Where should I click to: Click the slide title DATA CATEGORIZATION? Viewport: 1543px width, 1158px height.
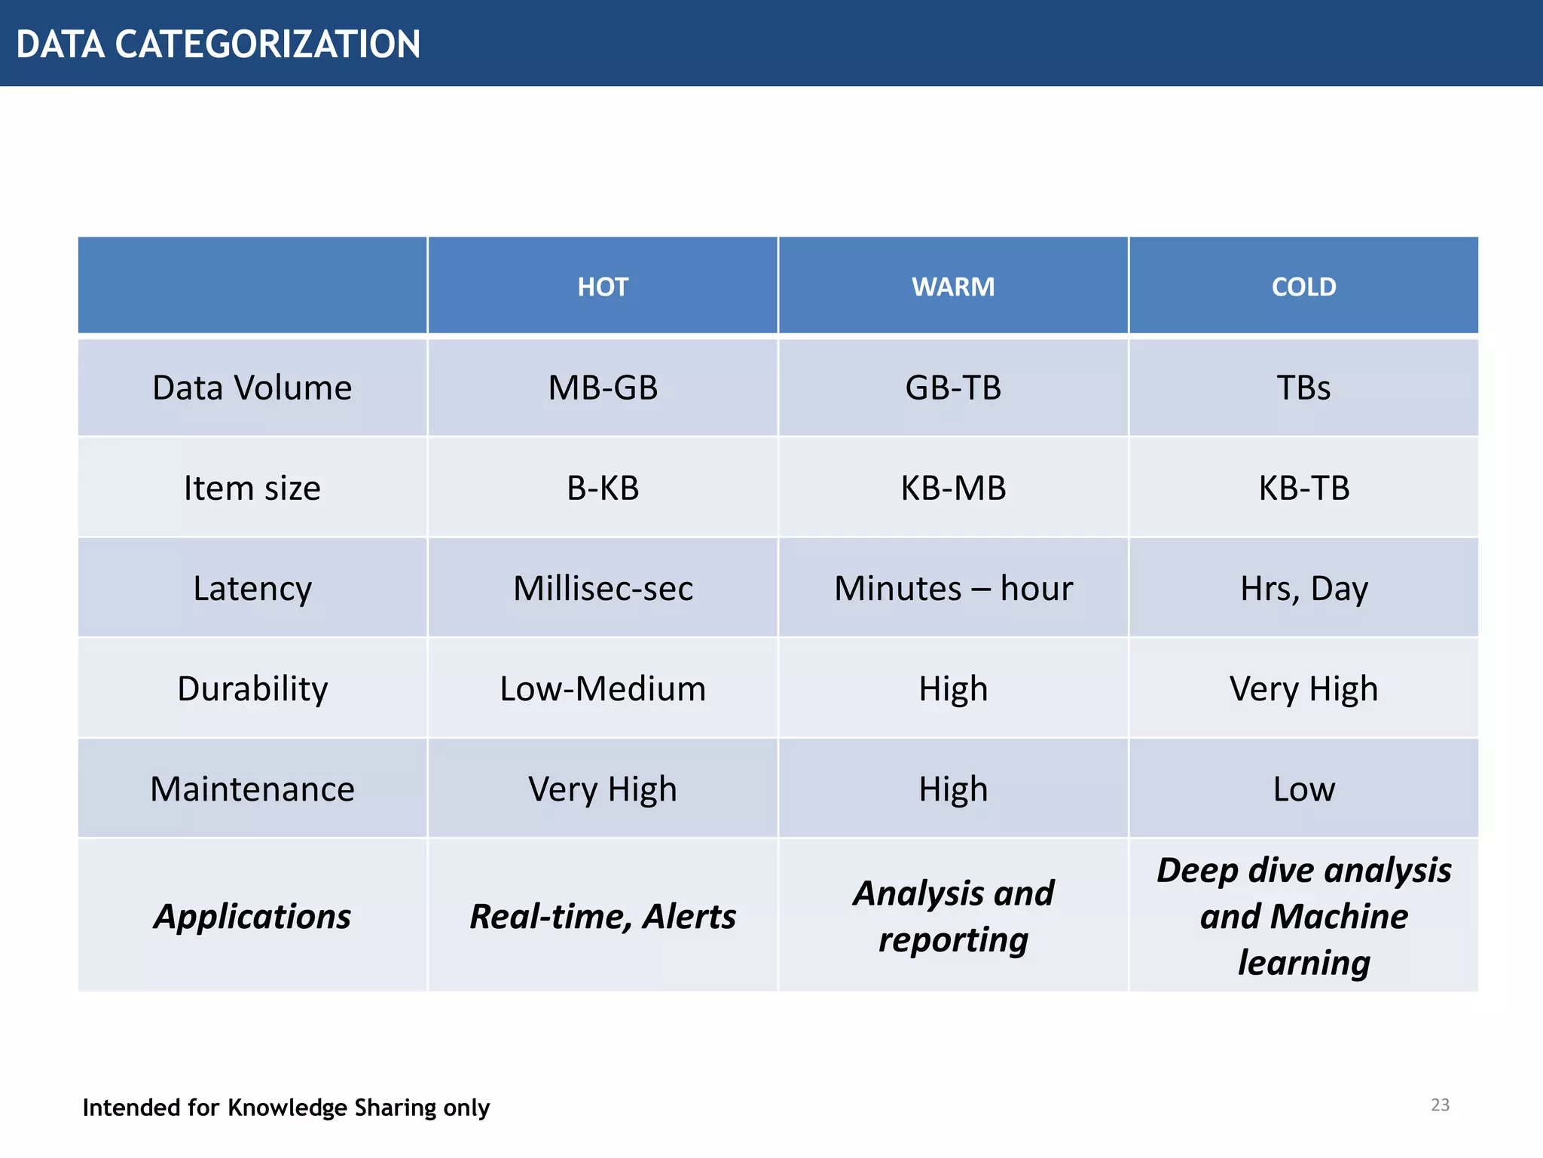coord(218,44)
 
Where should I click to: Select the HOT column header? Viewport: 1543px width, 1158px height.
coord(603,286)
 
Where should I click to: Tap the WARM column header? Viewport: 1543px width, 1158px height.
coord(953,286)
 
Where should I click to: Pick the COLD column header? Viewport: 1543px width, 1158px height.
coord(1303,286)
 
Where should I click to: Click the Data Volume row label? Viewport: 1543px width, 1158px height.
coord(252,388)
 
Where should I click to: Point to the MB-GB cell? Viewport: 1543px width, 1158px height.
coord(603,388)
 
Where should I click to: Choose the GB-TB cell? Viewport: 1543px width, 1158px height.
coord(953,388)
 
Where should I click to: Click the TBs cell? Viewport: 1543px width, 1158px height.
coord(1303,388)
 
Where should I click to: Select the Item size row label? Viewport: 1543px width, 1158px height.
coord(252,488)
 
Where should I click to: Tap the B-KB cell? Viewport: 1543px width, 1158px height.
coord(603,488)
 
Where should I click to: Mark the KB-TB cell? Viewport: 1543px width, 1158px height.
coord(1303,488)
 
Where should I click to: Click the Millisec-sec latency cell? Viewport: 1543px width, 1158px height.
coord(603,588)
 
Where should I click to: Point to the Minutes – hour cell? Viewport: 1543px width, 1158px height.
coord(953,588)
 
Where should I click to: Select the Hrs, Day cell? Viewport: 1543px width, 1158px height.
coord(1303,588)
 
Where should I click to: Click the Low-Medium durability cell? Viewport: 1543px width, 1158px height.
coord(603,688)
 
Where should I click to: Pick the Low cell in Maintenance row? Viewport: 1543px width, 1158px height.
coord(1303,789)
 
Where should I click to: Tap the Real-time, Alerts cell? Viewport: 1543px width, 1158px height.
coord(603,916)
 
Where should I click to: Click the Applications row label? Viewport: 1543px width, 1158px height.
coord(252,916)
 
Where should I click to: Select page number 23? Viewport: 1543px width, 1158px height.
coord(1440,1104)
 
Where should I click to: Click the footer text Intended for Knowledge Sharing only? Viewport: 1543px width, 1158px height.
coord(286,1107)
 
